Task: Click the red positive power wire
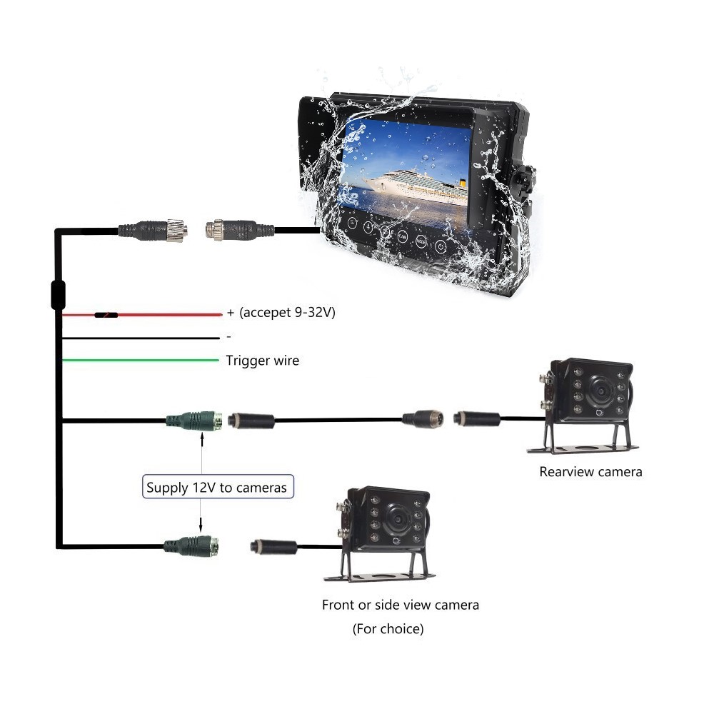tap(164, 314)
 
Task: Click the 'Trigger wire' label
tap(262, 361)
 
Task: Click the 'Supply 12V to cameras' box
tap(216, 488)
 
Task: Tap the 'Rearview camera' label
tap(590, 471)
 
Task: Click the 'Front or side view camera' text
tap(400, 605)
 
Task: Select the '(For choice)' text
tap(388, 629)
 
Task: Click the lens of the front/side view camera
tap(395, 521)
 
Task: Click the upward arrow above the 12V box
tap(204, 443)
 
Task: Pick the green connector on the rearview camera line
tap(195, 421)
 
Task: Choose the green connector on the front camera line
tap(191, 546)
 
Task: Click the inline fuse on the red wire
tap(106, 314)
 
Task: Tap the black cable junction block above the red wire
tap(58, 294)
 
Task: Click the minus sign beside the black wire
tap(228, 336)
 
